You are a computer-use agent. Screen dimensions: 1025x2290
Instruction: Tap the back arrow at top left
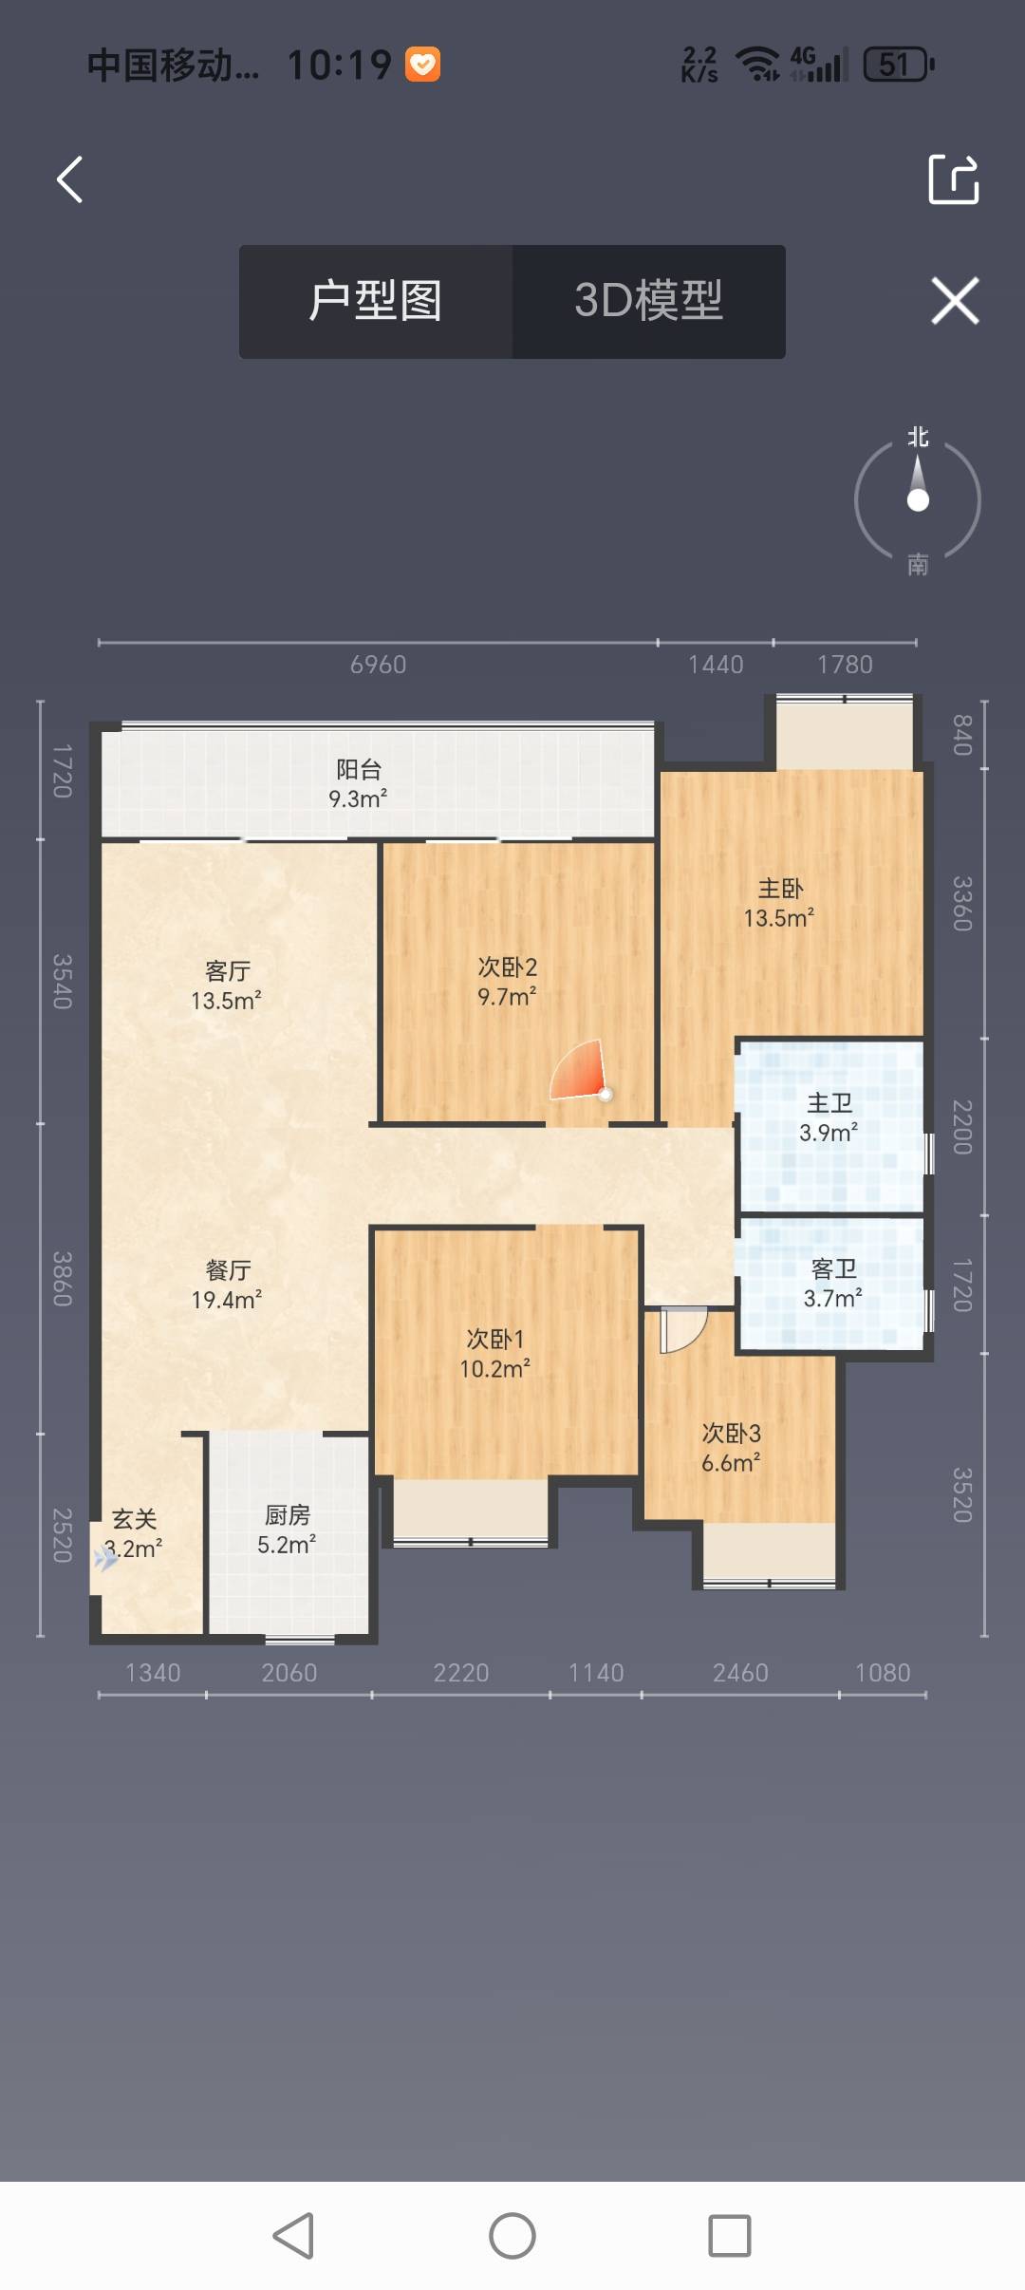click(x=69, y=179)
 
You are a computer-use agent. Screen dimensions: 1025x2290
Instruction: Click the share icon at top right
click(x=953, y=178)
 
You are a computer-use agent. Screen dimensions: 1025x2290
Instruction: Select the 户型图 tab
click(x=376, y=301)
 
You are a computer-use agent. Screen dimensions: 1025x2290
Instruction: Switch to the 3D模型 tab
click(x=649, y=301)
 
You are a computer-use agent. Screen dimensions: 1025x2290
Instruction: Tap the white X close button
click(x=955, y=301)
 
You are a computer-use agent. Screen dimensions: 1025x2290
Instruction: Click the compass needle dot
click(x=918, y=499)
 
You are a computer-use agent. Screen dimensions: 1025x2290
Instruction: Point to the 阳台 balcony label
click(x=359, y=769)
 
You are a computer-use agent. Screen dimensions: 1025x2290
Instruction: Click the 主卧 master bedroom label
click(x=780, y=889)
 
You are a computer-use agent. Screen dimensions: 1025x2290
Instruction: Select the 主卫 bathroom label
click(x=829, y=1102)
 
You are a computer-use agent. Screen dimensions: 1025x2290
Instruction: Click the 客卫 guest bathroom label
click(x=833, y=1268)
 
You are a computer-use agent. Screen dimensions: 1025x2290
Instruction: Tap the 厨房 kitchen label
click(x=287, y=1515)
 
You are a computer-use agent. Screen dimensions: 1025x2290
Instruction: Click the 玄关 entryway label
click(x=134, y=1519)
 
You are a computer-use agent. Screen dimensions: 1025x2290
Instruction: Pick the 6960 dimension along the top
click(x=378, y=665)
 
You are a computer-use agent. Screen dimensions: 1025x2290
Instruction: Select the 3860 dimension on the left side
click(x=63, y=1279)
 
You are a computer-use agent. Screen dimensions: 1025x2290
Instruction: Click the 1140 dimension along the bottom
click(x=596, y=1673)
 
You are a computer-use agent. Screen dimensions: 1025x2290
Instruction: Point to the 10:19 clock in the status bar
click(x=339, y=65)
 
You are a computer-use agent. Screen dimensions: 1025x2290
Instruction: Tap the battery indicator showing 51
click(x=899, y=65)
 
